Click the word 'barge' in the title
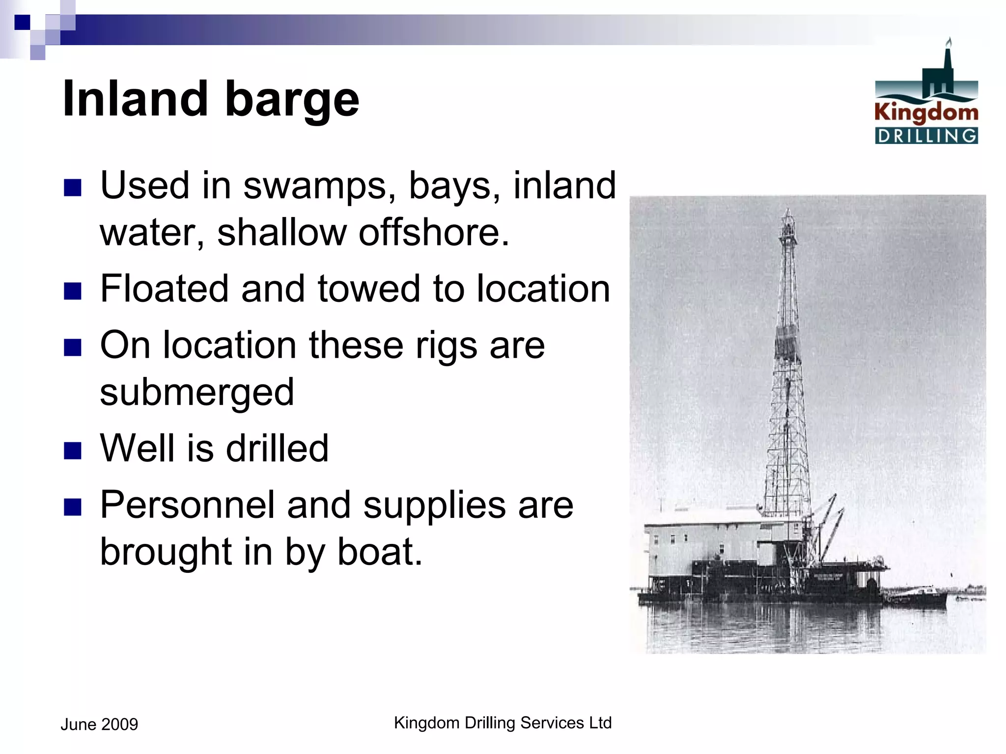(x=292, y=101)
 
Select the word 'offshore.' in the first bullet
(x=434, y=233)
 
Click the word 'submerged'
(x=196, y=393)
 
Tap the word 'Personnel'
(x=187, y=505)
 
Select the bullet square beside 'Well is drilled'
(x=72, y=450)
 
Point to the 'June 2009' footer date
(x=99, y=725)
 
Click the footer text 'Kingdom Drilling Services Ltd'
(x=503, y=723)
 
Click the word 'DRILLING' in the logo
(x=926, y=136)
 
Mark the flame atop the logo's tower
(x=949, y=42)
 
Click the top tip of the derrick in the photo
(x=788, y=210)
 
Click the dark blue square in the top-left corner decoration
(x=22, y=22)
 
